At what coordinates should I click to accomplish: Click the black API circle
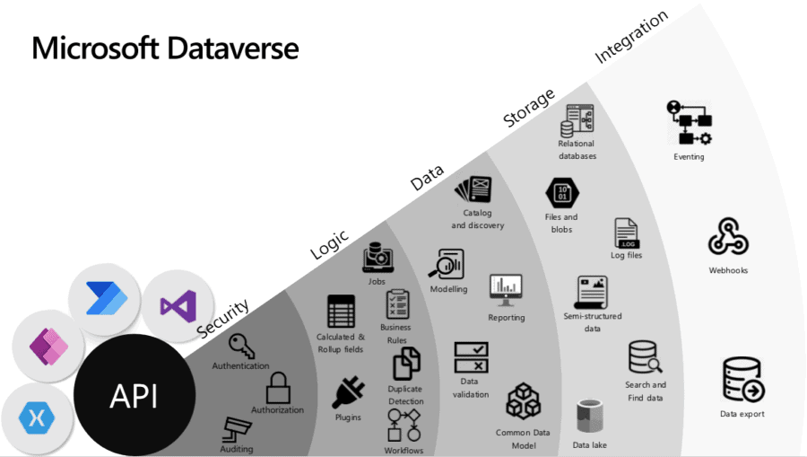coord(134,396)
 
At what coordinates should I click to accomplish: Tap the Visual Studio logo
coord(178,306)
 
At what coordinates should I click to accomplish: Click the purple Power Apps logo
coord(48,346)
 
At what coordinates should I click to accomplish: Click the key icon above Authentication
coord(240,347)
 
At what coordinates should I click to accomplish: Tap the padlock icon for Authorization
coord(278,388)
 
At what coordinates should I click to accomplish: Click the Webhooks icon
coord(727,238)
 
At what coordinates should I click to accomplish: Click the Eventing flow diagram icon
coord(689,123)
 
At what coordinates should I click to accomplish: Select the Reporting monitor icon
coord(506,289)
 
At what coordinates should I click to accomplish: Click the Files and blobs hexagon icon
coord(562,193)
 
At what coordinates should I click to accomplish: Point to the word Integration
coord(631,38)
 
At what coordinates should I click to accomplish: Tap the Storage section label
coord(528,108)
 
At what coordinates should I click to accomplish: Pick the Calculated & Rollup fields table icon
coord(341,311)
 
